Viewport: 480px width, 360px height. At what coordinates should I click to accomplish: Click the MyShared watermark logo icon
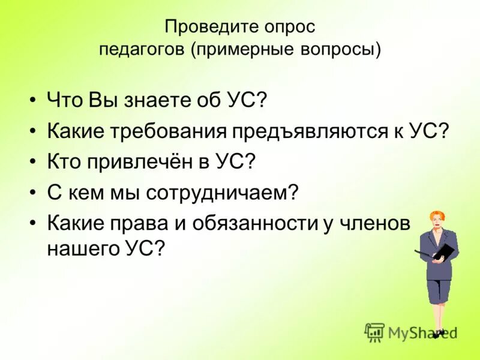pyautogui.click(x=374, y=332)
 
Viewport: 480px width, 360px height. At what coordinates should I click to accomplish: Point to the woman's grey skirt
pyautogui.click(x=440, y=290)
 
